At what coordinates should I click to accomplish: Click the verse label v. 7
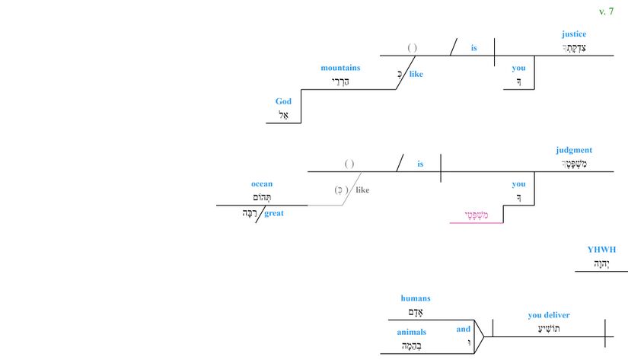(x=606, y=11)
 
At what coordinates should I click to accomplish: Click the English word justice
(x=574, y=33)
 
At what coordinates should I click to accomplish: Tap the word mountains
(x=340, y=68)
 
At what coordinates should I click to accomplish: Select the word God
(x=283, y=101)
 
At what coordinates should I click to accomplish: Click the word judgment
(x=574, y=150)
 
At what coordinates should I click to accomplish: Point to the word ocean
(x=262, y=183)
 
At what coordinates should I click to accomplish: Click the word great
(x=274, y=213)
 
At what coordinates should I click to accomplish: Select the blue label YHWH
(x=601, y=249)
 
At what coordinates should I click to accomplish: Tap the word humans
(x=416, y=298)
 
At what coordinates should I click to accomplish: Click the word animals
(x=411, y=332)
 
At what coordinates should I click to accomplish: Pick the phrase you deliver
(x=549, y=315)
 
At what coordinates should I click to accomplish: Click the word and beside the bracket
(x=464, y=329)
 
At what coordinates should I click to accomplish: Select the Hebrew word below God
(x=283, y=116)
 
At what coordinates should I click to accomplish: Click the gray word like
(x=362, y=190)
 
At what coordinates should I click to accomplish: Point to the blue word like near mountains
(x=416, y=74)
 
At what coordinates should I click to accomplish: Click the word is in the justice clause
(x=473, y=48)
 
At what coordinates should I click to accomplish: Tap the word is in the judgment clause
(x=420, y=164)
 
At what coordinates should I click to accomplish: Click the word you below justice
(x=518, y=68)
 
